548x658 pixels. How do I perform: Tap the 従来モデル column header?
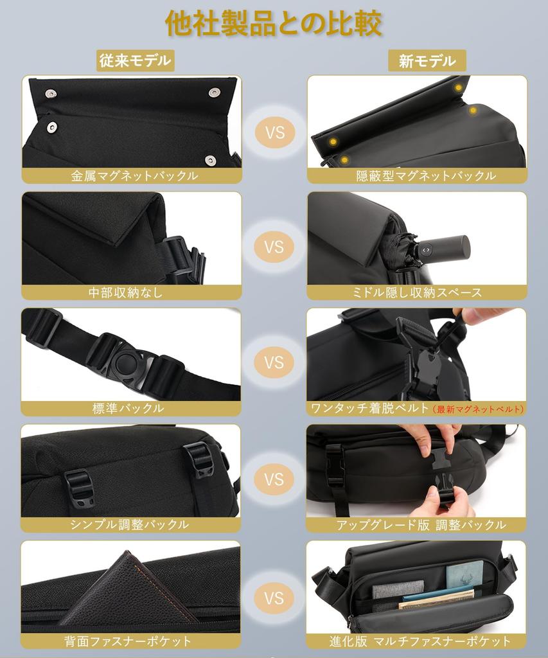point(136,61)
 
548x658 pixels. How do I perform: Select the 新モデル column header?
point(427,61)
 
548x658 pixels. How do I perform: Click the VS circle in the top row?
point(274,133)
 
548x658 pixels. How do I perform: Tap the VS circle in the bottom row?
point(274,598)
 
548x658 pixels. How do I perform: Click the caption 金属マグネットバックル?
point(134,175)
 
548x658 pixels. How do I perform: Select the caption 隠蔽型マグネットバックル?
point(426,175)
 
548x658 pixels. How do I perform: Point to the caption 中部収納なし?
point(126,292)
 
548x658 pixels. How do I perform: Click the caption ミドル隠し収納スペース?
point(417,292)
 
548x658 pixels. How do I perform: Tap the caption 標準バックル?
point(128,408)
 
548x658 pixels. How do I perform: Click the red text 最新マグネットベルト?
point(479,409)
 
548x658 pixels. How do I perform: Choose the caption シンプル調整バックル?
point(130,524)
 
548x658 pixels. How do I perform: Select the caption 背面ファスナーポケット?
point(128,641)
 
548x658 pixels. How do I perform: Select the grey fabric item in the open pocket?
point(398,589)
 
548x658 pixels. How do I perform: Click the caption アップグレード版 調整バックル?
point(421,524)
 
